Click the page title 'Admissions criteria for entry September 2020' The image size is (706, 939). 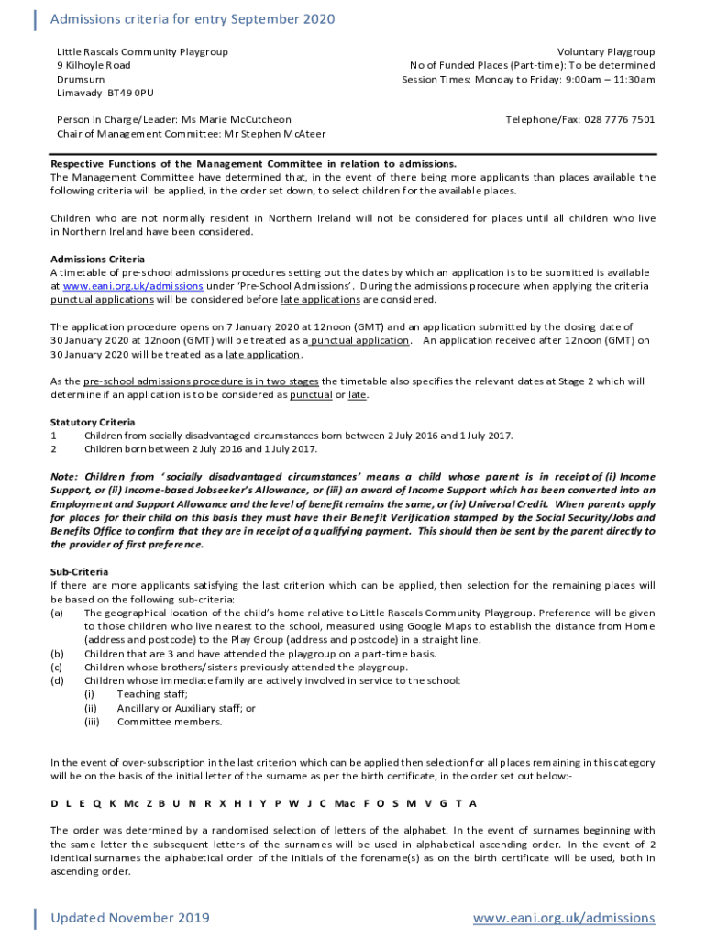point(193,19)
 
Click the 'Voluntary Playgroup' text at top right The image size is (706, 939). point(605,52)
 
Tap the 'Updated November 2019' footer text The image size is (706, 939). point(130,918)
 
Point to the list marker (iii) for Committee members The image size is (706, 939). point(92,722)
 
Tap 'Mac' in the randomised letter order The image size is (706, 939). point(345,803)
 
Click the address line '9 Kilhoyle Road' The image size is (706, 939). point(94,66)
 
